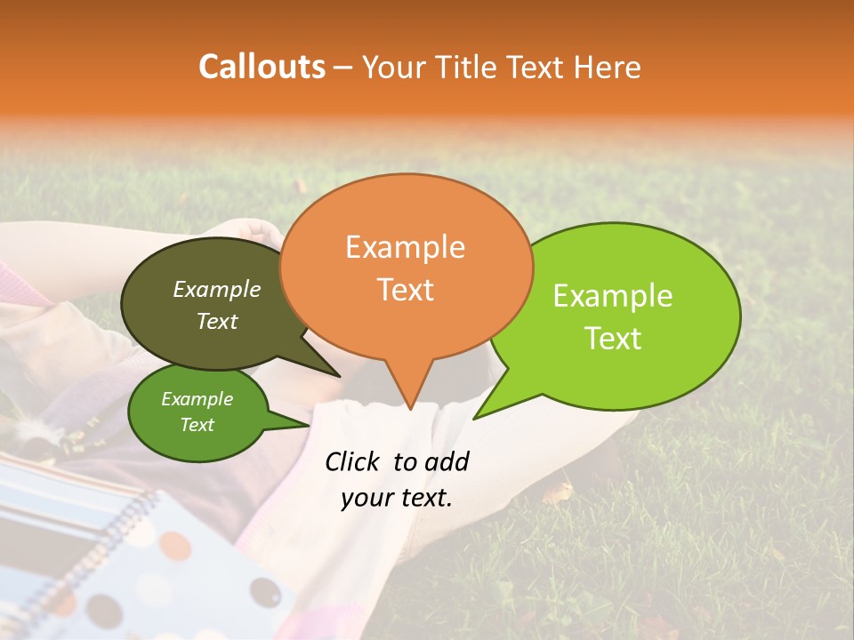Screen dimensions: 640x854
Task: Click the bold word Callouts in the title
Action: click(x=262, y=67)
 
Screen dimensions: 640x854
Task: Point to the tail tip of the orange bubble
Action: click(x=410, y=409)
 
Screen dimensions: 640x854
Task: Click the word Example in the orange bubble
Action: click(x=405, y=247)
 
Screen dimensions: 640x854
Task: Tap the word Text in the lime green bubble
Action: click(x=613, y=339)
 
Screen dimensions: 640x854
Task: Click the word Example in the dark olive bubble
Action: click(x=216, y=290)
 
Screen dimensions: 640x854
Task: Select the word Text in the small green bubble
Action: click(x=197, y=425)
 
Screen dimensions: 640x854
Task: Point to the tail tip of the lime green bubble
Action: click(x=474, y=418)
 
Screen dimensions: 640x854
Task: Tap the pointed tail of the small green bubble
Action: click(x=307, y=425)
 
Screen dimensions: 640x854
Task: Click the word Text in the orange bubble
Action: click(x=405, y=289)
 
